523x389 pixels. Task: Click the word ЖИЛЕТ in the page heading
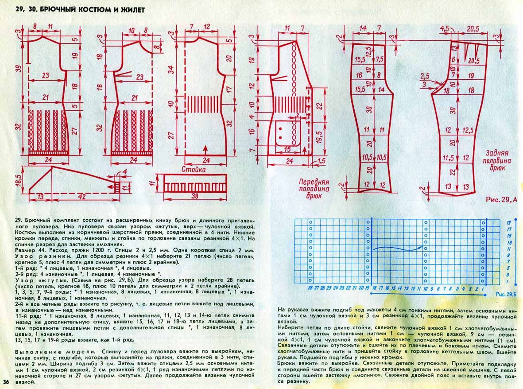point(132,9)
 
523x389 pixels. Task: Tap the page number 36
point(6,382)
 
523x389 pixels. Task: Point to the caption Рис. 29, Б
point(506,294)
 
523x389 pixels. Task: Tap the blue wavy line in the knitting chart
point(397,247)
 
